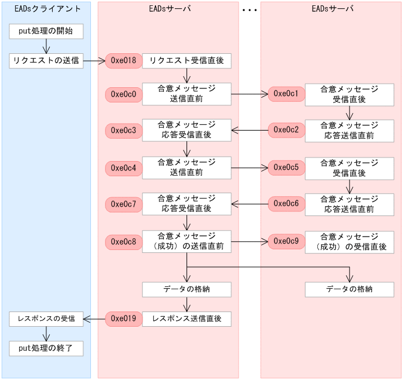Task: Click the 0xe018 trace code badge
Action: click(123, 61)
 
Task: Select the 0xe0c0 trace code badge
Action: click(123, 94)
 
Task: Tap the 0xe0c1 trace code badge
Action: click(286, 94)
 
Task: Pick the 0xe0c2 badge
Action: click(286, 131)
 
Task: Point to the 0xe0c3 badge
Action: click(123, 131)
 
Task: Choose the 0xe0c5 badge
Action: click(286, 168)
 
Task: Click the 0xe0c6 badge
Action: click(286, 204)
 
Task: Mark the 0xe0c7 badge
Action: click(123, 204)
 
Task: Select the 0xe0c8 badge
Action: click(123, 241)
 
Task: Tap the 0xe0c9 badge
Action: click(286, 241)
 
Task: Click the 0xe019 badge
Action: click(123, 319)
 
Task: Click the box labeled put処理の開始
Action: click(46, 31)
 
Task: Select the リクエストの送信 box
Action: click(46, 61)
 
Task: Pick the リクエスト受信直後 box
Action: click(187, 61)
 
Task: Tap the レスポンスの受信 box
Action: click(46, 319)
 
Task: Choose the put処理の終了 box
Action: click(46, 349)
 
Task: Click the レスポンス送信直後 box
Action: click(187, 319)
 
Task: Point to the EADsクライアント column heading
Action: click(46, 9)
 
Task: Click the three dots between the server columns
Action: click(249, 11)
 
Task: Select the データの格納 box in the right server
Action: click(350, 289)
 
